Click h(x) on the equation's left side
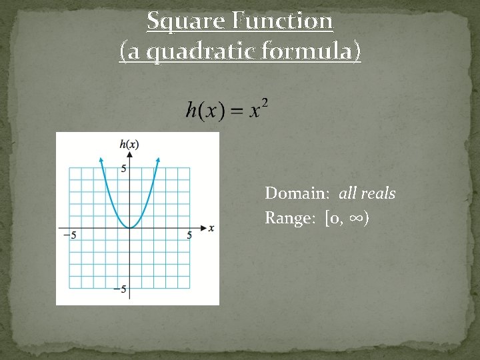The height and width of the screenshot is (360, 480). [205, 111]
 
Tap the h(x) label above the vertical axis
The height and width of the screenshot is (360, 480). [129, 144]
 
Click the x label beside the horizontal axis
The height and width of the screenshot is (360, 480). [211, 228]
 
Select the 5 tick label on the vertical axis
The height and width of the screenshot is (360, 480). [123, 169]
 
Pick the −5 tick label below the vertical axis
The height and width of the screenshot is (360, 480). [120, 289]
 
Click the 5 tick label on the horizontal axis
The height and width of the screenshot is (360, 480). [190, 235]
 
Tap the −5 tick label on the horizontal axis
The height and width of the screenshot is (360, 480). [69, 235]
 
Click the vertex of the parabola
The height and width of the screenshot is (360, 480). [129, 228]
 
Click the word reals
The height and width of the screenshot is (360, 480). [378, 193]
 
